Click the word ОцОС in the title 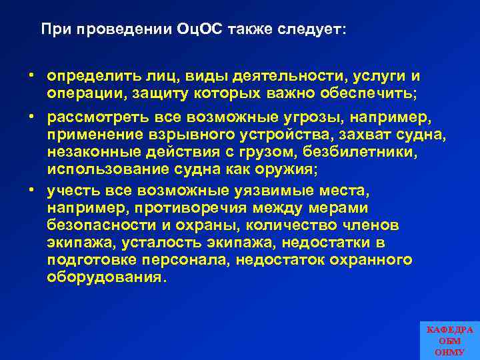201,30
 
